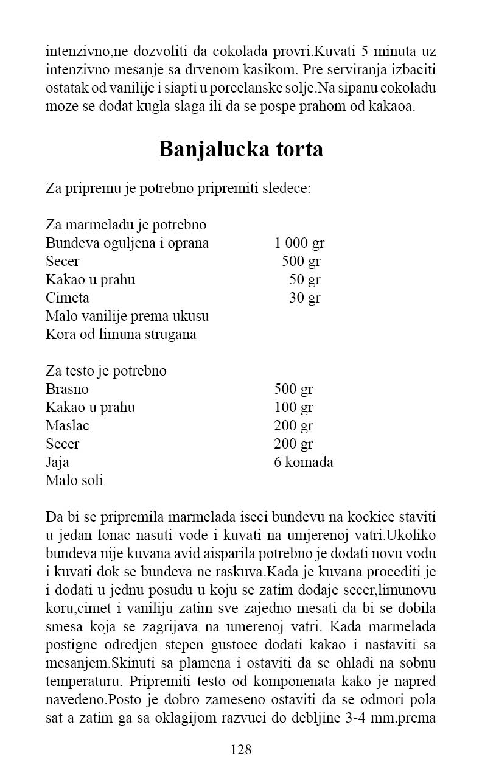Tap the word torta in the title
click(x=297, y=149)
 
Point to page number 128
click(x=241, y=749)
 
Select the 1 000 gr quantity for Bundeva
click(x=299, y=243)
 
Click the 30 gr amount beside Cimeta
click(x=304, y=298)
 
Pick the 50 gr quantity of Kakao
click(x=304, y=280)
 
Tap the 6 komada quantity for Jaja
click(x=303, y=462)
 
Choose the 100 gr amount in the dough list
click(x=293, y=407)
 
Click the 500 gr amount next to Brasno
click(x=293, y=389)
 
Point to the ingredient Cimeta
click(x=68, y=298)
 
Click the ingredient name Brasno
click(x=67, y=389)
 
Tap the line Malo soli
click(x=74, y=480)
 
